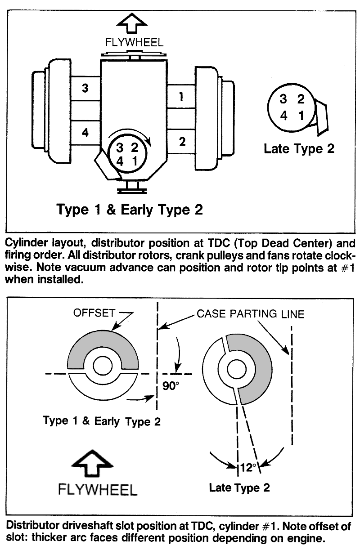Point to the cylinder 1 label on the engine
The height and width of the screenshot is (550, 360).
(x=181, y=97)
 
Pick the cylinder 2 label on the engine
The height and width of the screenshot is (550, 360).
(x=182, y=142)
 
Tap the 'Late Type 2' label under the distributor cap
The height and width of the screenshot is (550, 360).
(x=299, y=148)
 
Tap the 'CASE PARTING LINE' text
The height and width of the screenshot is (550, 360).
(x=250, y=313)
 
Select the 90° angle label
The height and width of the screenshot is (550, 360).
(x=171, y=387)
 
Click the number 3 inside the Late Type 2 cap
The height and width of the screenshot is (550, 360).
(x=283, y=99)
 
